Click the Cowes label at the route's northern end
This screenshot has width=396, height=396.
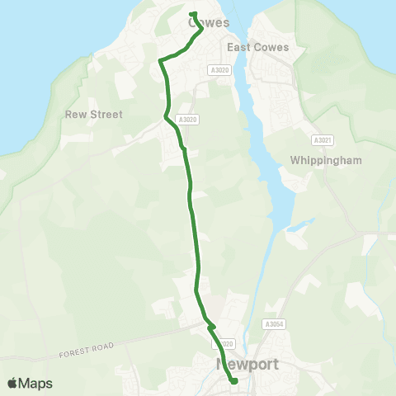click(x=209, y=23)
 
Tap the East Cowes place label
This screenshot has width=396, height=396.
click(x=258, y=47)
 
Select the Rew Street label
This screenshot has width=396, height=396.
click(x=93, y=115)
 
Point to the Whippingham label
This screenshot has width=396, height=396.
click(x=327, y=160)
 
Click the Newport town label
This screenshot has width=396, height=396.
click(x=247, y=364)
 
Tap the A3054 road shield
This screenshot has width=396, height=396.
click(x=275, y=325)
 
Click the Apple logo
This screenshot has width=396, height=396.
click(x=12, y=384)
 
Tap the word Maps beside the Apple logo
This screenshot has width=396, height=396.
click(x=35, y=384)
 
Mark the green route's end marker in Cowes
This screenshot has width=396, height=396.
click(x=192, y=13)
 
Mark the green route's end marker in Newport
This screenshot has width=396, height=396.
click(x=234, y=381)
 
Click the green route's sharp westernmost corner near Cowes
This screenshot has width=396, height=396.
click(x=160, y=59)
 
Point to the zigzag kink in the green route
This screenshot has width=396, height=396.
click(x=210, y=326)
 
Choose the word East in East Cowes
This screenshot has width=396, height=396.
click(x=240, y=47)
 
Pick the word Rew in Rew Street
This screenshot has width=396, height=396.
click(x=74, y=115)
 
